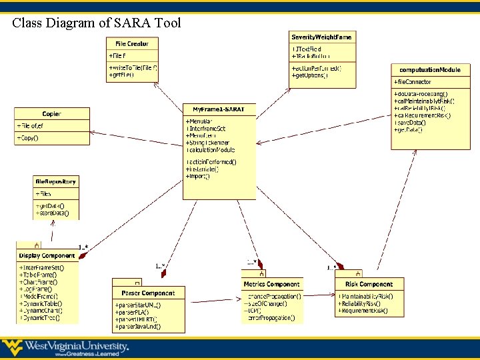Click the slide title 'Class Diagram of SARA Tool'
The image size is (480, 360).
coord(97,23)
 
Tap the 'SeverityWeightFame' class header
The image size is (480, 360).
coord(321,37)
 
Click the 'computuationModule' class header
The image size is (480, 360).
coord(429,69)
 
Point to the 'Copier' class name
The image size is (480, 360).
coord(51,114)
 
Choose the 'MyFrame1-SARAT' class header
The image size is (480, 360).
coord(219,109)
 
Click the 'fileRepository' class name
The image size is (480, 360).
coord(56,181)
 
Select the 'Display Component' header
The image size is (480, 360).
coord(47,255)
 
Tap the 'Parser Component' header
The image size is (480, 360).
coord(148,293)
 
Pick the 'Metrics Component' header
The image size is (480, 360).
coord(272,284)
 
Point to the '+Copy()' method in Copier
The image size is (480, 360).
coord(29,138)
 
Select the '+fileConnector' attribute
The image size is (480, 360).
coord(413,82)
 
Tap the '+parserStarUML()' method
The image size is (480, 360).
coord(138,305)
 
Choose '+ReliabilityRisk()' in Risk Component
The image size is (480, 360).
coord(363,303)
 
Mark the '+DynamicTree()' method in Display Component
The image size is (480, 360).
coord(39,318)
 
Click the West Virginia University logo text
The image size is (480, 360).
coord(76,347)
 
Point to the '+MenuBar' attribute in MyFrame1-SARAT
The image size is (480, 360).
coord(199,121)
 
